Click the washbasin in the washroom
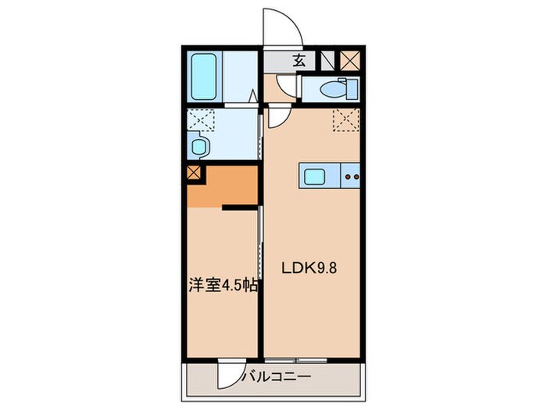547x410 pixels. (198, 146)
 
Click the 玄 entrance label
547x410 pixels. (299, 59)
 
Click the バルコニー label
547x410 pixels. (277, 376)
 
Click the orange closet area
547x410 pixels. (231, 186)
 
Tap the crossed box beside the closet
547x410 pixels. (195, 174)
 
